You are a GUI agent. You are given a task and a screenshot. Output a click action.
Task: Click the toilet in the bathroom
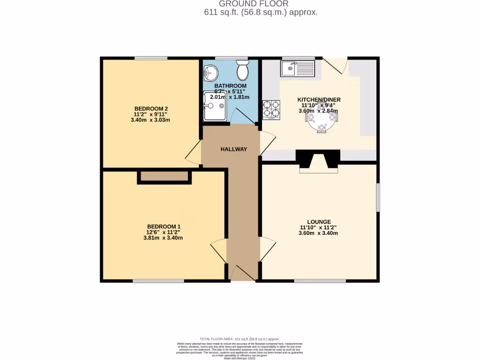click(243, 70)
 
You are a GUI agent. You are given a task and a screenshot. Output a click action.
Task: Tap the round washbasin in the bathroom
click(210, 72)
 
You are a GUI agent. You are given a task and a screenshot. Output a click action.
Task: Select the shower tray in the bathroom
click(215, 106)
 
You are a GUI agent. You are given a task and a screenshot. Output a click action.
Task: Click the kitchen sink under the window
click(298, 69)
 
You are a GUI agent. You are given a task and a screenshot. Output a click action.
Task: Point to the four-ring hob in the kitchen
click(271, 110)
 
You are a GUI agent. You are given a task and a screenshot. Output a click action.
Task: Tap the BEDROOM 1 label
click(163, 225)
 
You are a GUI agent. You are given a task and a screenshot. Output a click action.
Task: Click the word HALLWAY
click(233, 150)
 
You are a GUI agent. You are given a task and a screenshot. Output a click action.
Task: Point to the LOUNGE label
click(319, 222)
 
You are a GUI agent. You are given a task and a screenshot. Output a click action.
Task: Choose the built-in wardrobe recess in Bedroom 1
click(164, 177)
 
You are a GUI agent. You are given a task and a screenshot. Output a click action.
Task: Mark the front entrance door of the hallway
click(243, 273)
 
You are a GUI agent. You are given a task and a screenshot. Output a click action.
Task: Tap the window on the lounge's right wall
click(378, 197)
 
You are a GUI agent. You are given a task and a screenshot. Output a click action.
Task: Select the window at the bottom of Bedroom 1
click(158, 281)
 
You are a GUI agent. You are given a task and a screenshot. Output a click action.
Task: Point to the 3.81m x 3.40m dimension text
click(163, 238)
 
